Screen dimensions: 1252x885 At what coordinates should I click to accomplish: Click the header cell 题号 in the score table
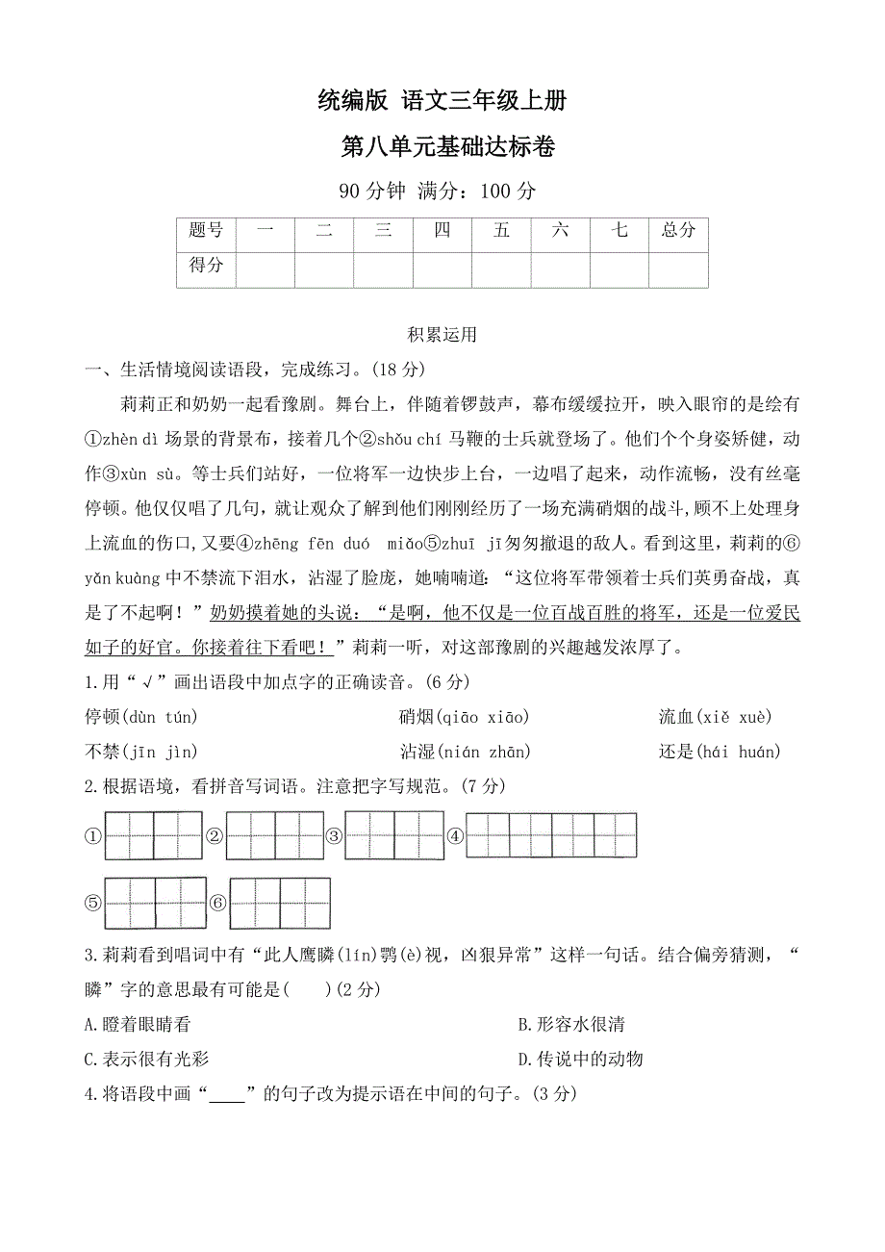pos(206,230)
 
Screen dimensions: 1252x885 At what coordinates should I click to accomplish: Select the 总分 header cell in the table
pos(678,230)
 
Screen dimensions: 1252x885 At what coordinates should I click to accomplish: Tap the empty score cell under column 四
pos(442,269)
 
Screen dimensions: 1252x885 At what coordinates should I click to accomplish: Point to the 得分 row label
pos(206,265)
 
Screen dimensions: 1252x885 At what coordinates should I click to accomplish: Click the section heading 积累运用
pos(442,335)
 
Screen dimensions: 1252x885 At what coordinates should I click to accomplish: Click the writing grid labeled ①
pos(154,835)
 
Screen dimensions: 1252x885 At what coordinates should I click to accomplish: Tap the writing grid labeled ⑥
pos(280,903)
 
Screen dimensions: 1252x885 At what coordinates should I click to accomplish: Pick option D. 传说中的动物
pos(580,1060)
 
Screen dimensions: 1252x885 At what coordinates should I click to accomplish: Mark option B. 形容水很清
pos(570,1025)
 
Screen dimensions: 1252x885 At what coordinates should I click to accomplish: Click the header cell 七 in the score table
pos(619,230)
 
